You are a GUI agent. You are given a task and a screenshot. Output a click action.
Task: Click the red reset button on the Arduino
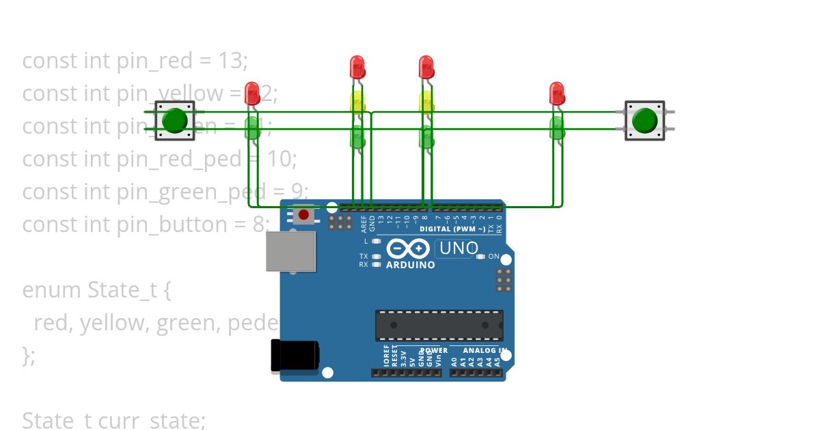(x=304, y=215)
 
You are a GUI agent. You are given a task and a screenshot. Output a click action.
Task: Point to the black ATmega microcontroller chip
(x=439, y=325)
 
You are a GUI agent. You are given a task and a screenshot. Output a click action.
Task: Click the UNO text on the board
(x=458, y=248)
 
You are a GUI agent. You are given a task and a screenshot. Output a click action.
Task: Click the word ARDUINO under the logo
(x=410, y=265)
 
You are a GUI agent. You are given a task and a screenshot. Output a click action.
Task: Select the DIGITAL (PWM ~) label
(x=452, y=229)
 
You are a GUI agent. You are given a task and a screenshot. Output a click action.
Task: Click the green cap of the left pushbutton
(x=175, y=121)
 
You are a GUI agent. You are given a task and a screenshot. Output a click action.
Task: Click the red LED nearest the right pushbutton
(x=557, y=94)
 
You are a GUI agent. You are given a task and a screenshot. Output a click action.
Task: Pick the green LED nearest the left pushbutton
(x=252, y=128)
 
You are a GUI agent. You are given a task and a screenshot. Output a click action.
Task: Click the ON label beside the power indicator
(x=494, y=257)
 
